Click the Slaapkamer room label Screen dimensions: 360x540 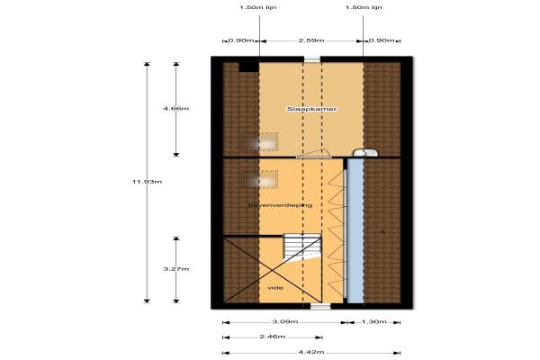click(311, 109)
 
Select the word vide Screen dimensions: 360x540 click(275, 287)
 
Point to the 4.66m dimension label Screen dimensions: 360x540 click(175, 108)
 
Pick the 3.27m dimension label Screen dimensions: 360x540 click(175, 268)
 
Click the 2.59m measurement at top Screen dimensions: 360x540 click(311, 40)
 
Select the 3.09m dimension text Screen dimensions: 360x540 click(283, 321)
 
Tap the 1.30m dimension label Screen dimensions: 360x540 click(374, 321)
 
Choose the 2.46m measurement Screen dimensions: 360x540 click(272, 337)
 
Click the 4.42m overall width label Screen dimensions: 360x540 click(311, 352)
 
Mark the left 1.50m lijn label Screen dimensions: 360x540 click(258, 7)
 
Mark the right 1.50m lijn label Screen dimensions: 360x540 click(364, 7)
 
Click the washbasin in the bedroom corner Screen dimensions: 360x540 click(357, 152)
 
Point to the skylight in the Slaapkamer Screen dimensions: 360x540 click(265, 141)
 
